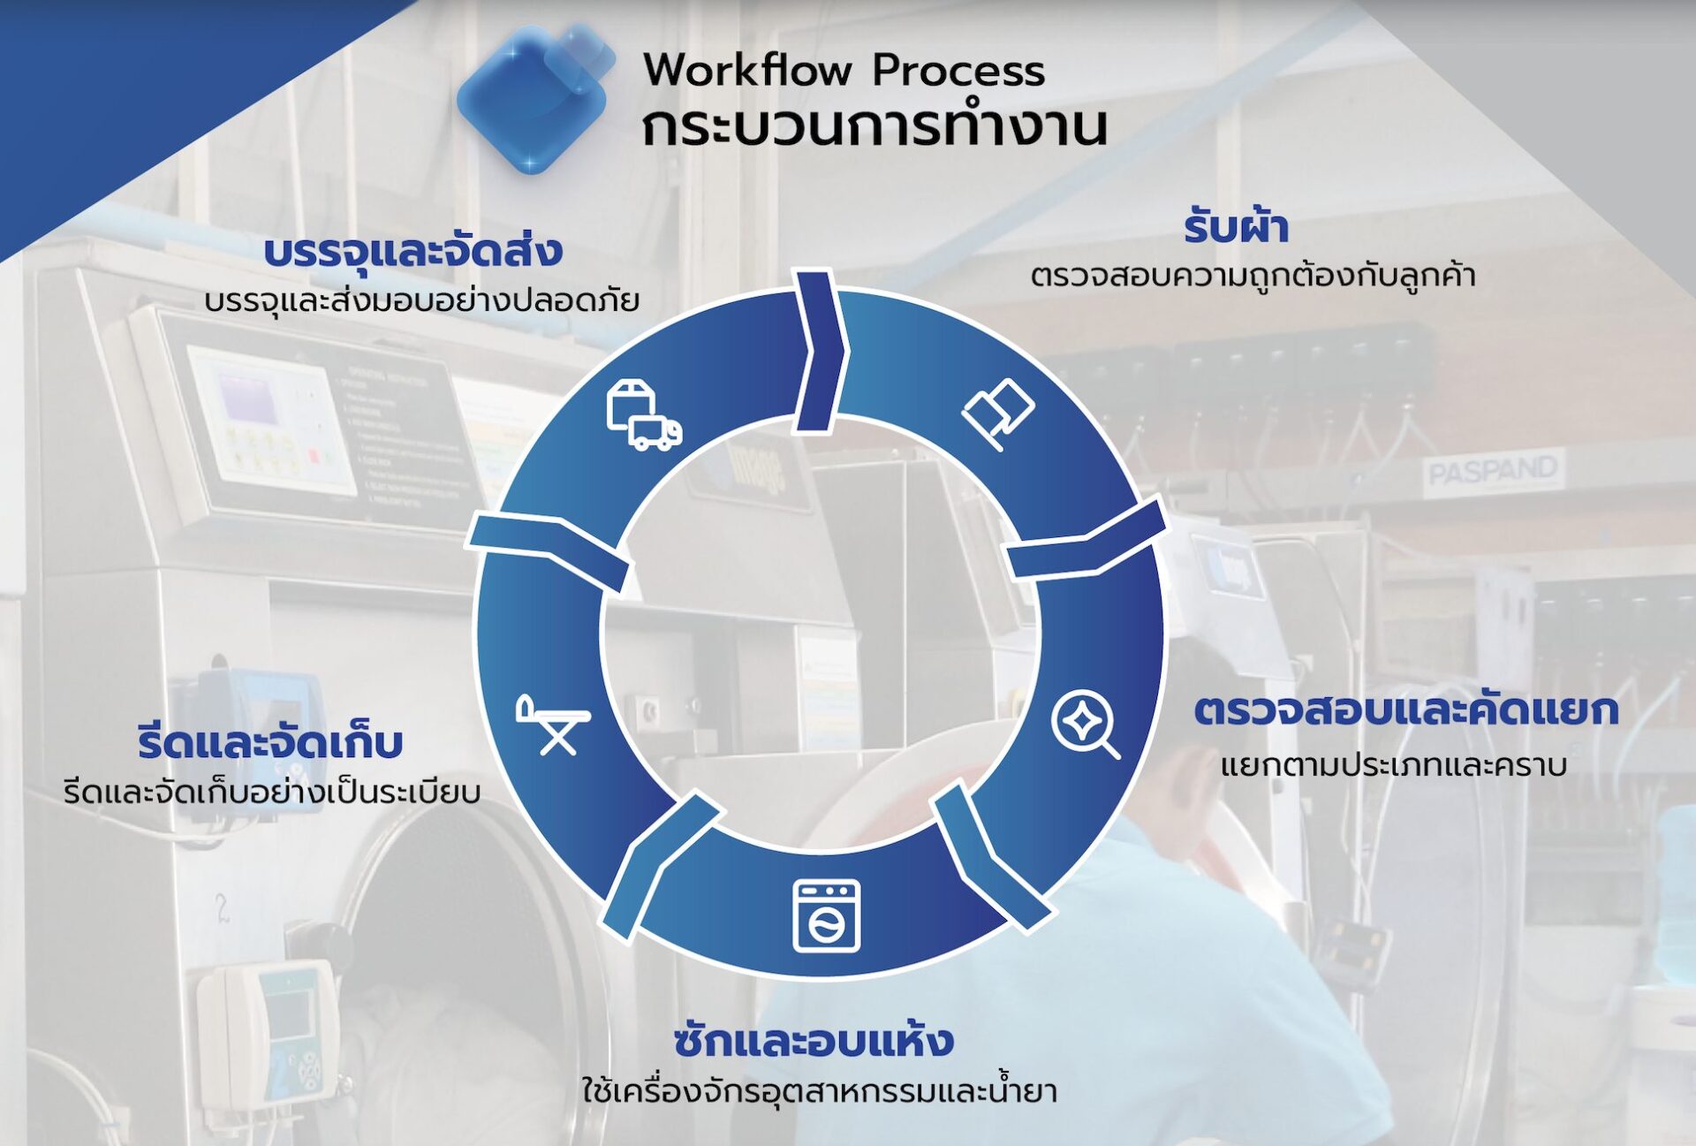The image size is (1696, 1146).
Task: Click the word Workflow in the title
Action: (747, 70)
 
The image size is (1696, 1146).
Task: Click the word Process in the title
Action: (958, 70)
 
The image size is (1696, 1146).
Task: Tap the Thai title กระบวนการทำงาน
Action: (874, 126)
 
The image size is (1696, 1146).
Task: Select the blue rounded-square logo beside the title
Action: (535, 97)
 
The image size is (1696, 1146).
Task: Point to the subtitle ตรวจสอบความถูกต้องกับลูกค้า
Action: (1253, 275)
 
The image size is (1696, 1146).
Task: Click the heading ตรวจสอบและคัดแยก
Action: (1406, 710)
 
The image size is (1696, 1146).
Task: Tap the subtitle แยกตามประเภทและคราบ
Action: (1394, 764)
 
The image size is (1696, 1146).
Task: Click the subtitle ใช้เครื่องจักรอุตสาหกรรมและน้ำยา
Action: (819, 1089)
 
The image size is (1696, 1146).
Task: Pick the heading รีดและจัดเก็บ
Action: (270, 741)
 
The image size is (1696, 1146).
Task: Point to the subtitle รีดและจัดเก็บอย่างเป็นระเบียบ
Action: (272, 792)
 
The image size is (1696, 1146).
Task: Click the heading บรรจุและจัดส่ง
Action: (413, 250)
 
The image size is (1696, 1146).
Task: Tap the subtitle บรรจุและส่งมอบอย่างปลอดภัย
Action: (421, 300)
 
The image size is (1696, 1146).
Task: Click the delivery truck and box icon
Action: (644, 415)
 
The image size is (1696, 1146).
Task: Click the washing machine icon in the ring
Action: (826, 915)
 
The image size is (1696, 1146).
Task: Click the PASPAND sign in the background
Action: (1493, 471)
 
